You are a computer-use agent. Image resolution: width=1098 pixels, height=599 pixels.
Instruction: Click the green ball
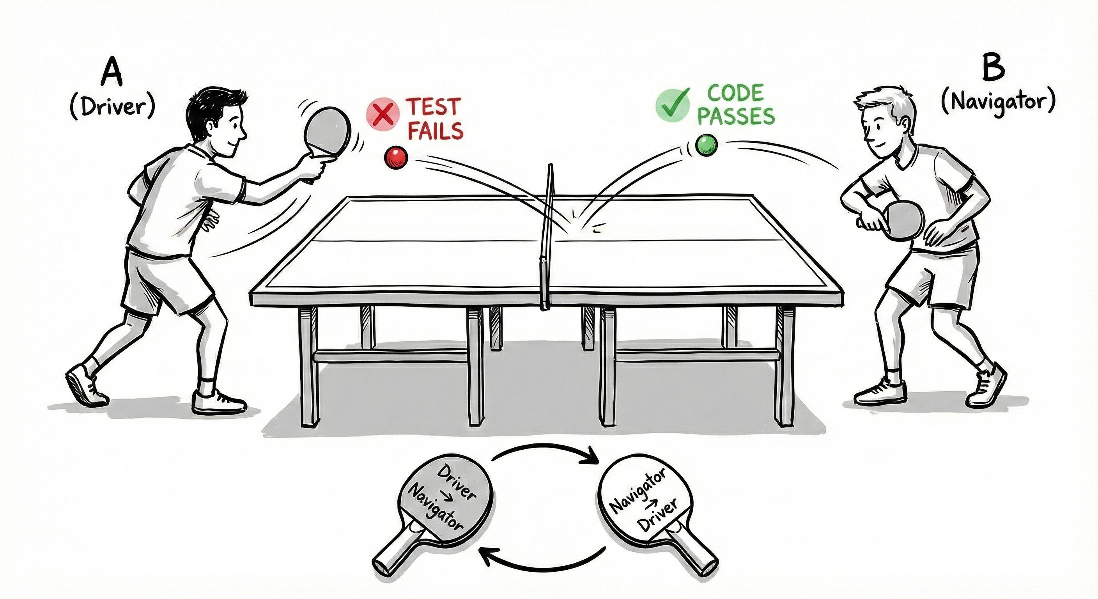(x=706, y=145)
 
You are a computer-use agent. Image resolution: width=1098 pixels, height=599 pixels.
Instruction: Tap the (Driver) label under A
(x=111, y=108)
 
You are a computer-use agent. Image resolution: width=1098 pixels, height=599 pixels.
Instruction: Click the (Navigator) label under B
(x=998, y=103)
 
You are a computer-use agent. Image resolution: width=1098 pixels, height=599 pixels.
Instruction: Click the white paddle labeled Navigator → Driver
(x=644, y=503)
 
